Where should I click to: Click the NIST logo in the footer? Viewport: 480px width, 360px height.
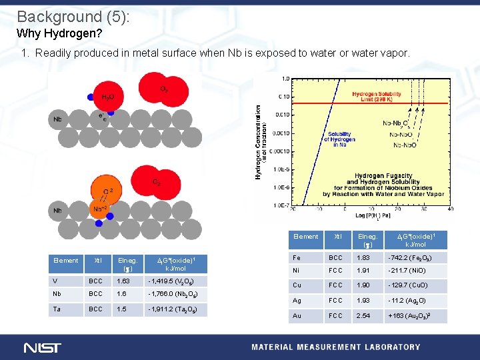[x=43, y=347]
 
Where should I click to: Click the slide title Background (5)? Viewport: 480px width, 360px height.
[x=73, y=16]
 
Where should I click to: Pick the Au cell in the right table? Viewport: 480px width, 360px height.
[x=297, y=315]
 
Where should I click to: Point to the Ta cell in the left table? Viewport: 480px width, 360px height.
[x=58, y=309]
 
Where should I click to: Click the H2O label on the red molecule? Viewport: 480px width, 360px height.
[x=107, y=97]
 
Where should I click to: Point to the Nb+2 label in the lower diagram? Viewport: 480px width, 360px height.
[x=101, y=208]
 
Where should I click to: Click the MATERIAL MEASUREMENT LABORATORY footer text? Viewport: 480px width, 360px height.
[x=335, y=347]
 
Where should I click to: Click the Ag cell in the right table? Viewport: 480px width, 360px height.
[x=297, y=301]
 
